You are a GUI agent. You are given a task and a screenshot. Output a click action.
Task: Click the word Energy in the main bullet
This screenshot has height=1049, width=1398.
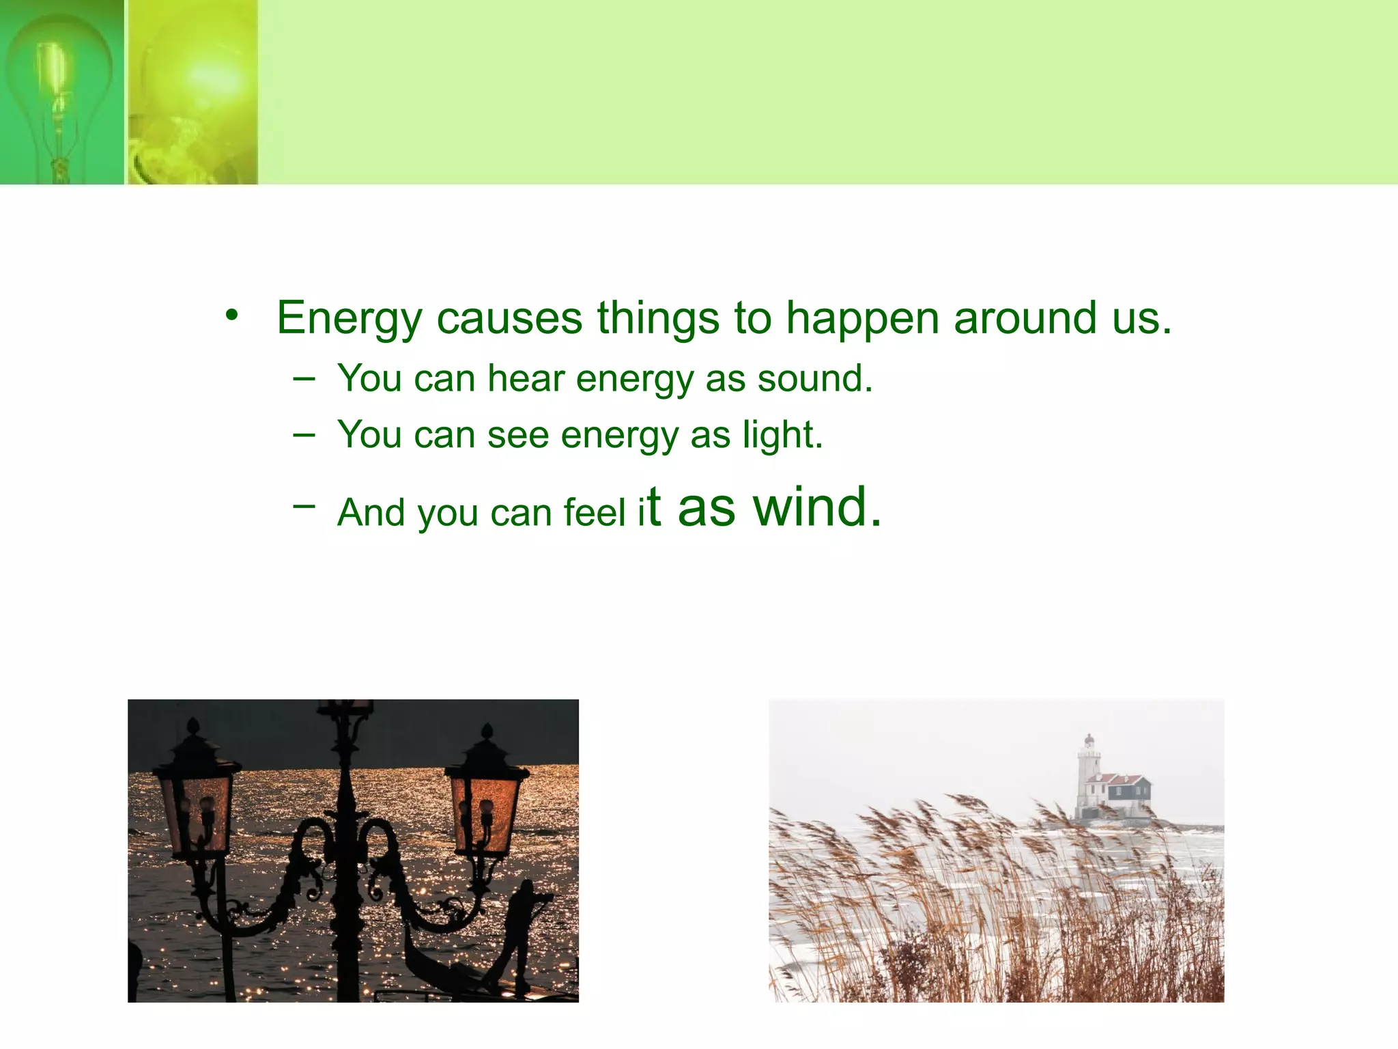click(349, 320)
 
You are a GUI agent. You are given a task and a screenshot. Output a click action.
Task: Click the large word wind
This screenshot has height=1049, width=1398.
click(816, 507)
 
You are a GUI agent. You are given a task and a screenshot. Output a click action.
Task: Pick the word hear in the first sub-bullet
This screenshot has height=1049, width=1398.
click(526, 379)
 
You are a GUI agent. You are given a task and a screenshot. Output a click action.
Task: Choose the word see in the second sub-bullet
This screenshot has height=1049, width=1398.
click(517, 436)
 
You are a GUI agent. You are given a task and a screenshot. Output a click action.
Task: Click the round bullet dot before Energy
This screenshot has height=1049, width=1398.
click(232, 316)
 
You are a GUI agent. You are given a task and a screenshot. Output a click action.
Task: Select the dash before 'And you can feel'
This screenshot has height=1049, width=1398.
click(304, 505)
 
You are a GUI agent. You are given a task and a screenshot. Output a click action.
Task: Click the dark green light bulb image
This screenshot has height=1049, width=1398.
click(61, 92)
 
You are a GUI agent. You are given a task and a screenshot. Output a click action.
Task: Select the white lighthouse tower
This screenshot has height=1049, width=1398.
click(1087, 775)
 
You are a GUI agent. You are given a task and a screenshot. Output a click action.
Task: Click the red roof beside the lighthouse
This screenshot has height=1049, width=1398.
click(1119, 779)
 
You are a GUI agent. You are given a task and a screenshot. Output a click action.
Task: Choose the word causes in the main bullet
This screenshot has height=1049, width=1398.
click(509, 320)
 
